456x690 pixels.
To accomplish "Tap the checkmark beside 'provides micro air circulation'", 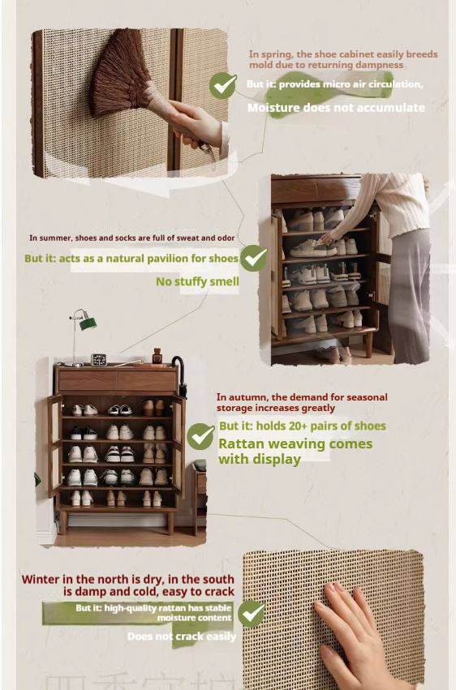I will [x=222, y=85].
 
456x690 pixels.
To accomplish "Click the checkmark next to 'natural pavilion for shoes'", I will [x=254, y=258].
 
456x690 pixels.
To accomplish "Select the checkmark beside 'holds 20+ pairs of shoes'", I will [x=200, y=436].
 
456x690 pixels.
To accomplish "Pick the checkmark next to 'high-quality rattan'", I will [x=251, y=613].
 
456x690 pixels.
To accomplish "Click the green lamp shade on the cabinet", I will [x=87, y=324].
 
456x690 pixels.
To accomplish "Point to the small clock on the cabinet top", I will [x=99, y=358].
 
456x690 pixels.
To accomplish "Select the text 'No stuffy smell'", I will [x=197, y=281].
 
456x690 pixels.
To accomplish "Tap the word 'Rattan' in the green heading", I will [x=243, y=444].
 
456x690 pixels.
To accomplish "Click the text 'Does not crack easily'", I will [x=182, y=636].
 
